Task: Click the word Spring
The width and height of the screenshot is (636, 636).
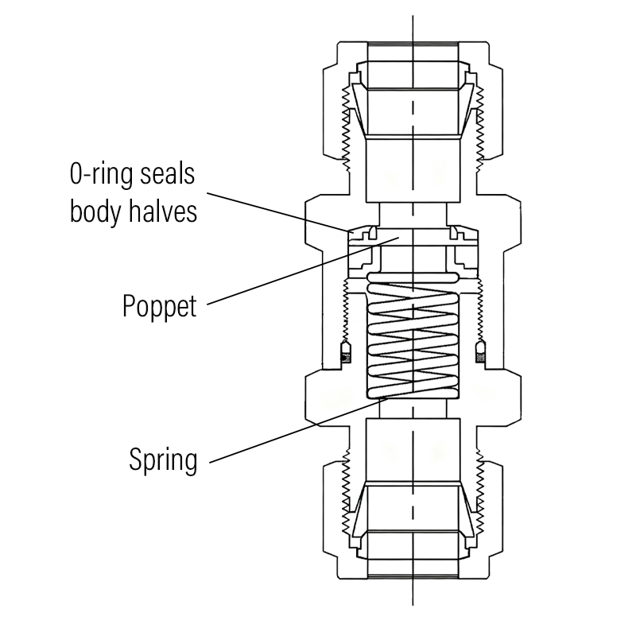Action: (x=163, y=459)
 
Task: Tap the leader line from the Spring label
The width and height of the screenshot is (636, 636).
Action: (x=294, y=430)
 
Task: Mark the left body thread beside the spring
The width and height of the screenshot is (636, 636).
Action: (x=347, y=310)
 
